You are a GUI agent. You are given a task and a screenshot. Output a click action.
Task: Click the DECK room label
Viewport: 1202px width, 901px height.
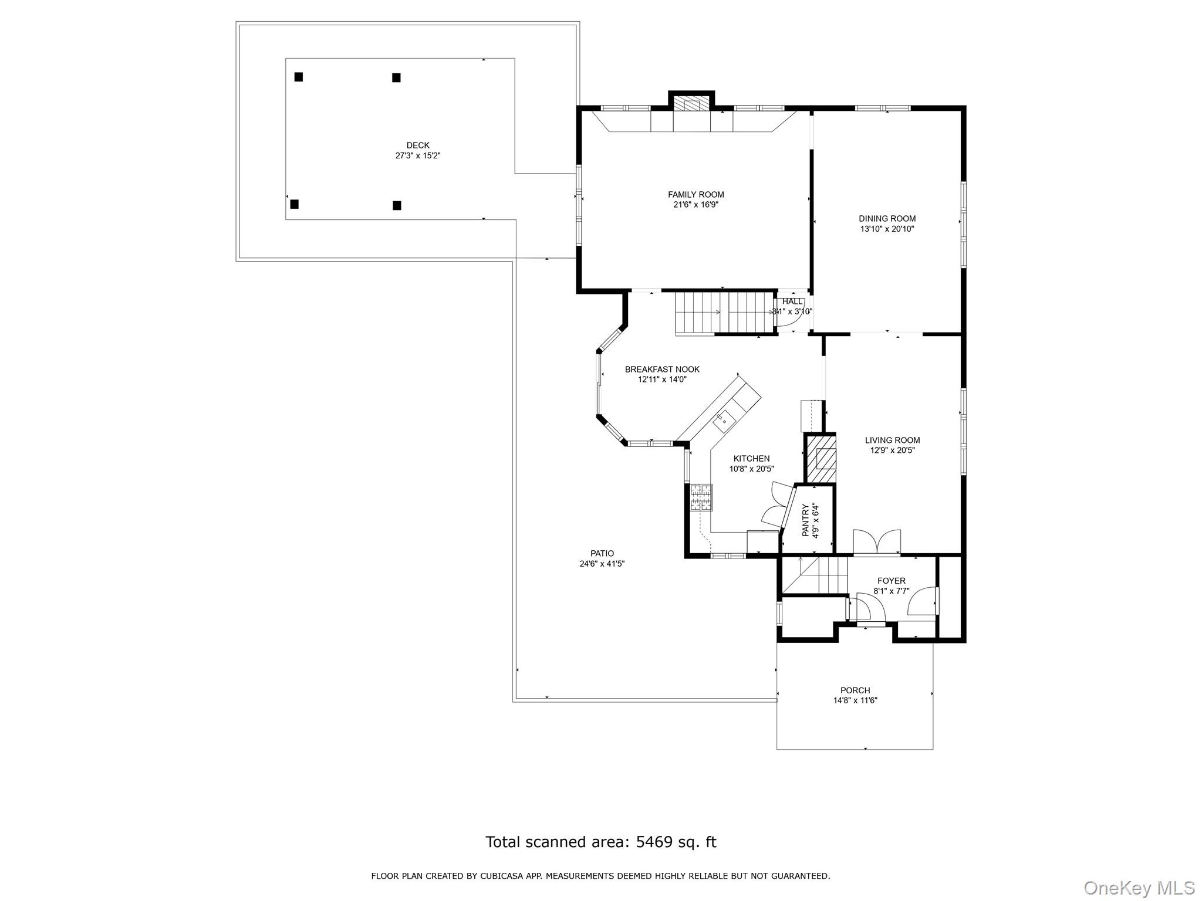click(418, 145)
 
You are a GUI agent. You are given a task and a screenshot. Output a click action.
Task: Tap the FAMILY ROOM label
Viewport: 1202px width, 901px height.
click(695, 195)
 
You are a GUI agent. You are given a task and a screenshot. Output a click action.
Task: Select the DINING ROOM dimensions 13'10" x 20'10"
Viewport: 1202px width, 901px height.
click(887, 229)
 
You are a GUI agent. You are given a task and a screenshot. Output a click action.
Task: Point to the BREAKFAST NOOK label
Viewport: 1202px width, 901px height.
click(662, 370)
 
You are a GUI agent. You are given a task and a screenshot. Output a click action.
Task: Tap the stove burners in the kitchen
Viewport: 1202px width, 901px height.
click(701, 497)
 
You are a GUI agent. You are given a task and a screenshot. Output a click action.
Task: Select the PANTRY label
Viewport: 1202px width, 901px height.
click(805, 520)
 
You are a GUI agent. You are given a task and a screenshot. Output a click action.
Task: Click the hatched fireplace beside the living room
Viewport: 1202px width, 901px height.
click(821, 459)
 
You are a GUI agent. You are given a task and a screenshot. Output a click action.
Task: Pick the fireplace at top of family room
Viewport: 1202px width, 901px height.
click(691, 104)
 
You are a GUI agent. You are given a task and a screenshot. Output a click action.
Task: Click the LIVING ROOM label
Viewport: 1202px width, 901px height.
click(892, 441)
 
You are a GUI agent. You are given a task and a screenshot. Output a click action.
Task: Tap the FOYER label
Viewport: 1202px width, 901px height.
click(891, 581)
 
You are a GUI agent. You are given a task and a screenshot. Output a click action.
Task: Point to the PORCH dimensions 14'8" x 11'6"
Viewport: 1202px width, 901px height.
click(855, 700)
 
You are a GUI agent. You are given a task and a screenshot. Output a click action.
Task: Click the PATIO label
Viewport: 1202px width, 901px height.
click(602, 554)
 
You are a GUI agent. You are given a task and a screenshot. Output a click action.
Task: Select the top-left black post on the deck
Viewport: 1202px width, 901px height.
click(299, 77)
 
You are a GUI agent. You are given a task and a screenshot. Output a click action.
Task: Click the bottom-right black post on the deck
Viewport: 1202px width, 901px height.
click(397, 205)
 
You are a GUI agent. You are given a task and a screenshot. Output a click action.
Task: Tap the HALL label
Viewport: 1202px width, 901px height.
click(792, 302)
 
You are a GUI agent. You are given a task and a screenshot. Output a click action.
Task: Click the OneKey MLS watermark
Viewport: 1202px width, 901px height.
click(1139, 888)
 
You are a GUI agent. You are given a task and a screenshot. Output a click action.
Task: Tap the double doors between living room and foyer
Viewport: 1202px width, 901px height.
click(877, 542)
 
